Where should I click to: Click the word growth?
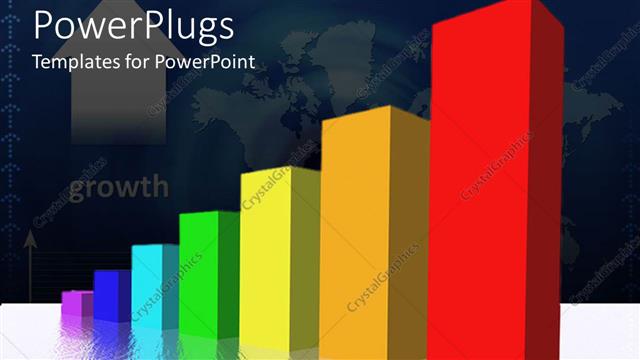pos(118,187)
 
